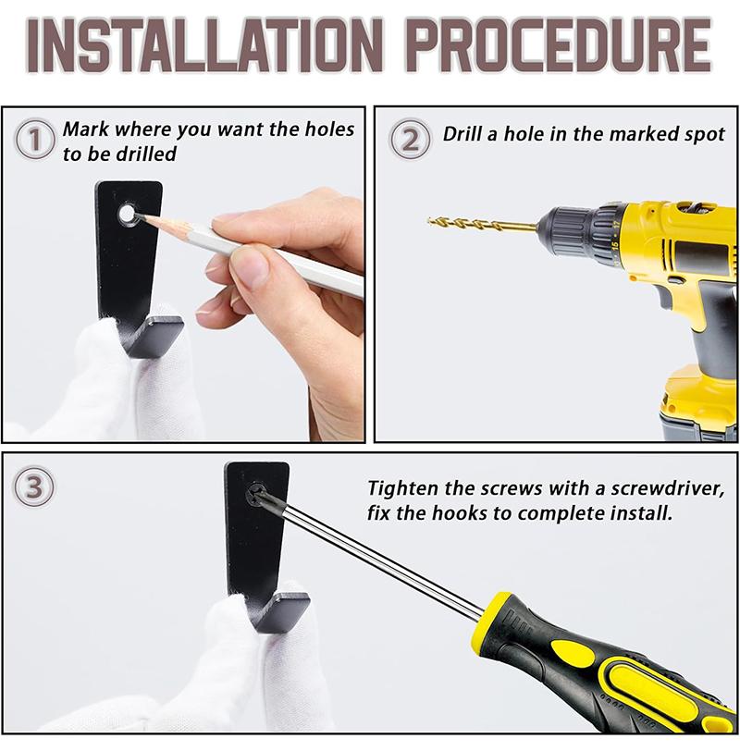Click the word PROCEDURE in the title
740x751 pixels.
(x=561, y=45)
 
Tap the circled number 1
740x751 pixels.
(x=35, y=140)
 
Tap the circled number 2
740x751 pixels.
(x=410, y=140)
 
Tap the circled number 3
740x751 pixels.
(x=34, y=487)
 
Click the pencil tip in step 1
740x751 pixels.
(x=139, y=216)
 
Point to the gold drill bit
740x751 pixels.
(x=482, y=224)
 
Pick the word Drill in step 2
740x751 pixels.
(x=462, y=133)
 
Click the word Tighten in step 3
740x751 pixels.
(x=402, y=489)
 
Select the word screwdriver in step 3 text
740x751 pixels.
(x=667, y=489)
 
